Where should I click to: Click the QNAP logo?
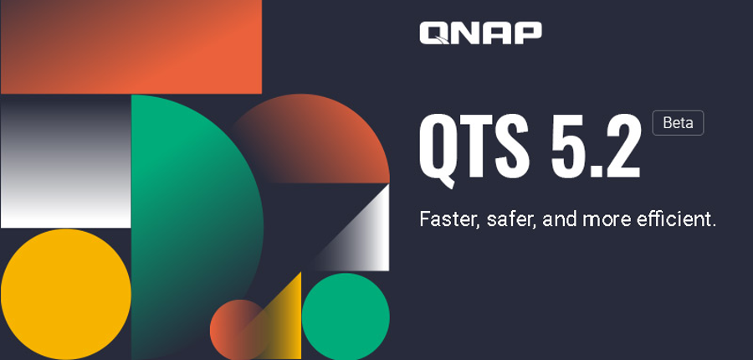click(x=481, y=33)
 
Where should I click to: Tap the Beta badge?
click(x=678, y=123)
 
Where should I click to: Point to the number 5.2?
click(x=596, y=147)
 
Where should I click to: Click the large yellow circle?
click(x=66, y=294)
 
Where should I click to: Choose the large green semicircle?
click(x=192, y=226)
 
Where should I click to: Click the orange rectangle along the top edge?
click(x=131, y=47)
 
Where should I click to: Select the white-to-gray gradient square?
click(x=66, y=161)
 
